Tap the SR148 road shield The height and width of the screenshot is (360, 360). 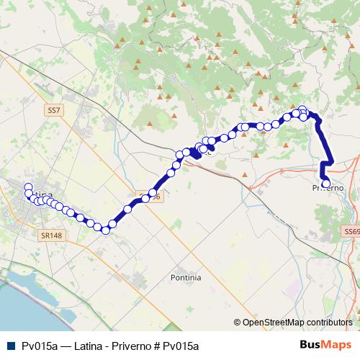point(51,235)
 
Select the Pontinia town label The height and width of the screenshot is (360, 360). point(186,277)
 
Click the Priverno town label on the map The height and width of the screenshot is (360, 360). point(328,188)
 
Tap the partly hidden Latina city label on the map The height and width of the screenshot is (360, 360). point(43,195)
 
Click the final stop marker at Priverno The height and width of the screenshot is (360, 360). point(325,183)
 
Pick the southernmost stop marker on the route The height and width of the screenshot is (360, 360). point(105,230)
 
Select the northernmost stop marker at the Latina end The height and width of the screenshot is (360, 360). point(28,187)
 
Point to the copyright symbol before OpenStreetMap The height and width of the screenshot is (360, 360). point(238,323)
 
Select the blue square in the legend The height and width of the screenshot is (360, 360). point(9,346)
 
